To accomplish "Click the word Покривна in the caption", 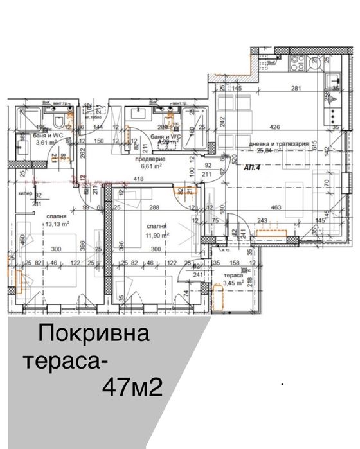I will (94, 334).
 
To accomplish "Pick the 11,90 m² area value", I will (157, 235).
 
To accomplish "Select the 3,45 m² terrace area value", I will (233, 282).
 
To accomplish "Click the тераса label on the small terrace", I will (233, 275).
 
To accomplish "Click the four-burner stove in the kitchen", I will (300, 62).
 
